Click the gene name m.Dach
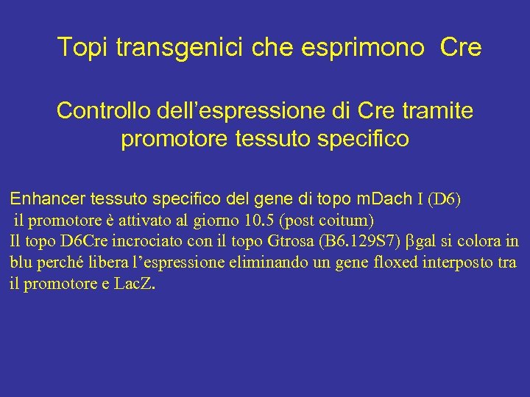point(383,198)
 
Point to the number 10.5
point(259,220)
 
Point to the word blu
point(22,262)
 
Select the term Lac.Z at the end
point(135,284)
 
